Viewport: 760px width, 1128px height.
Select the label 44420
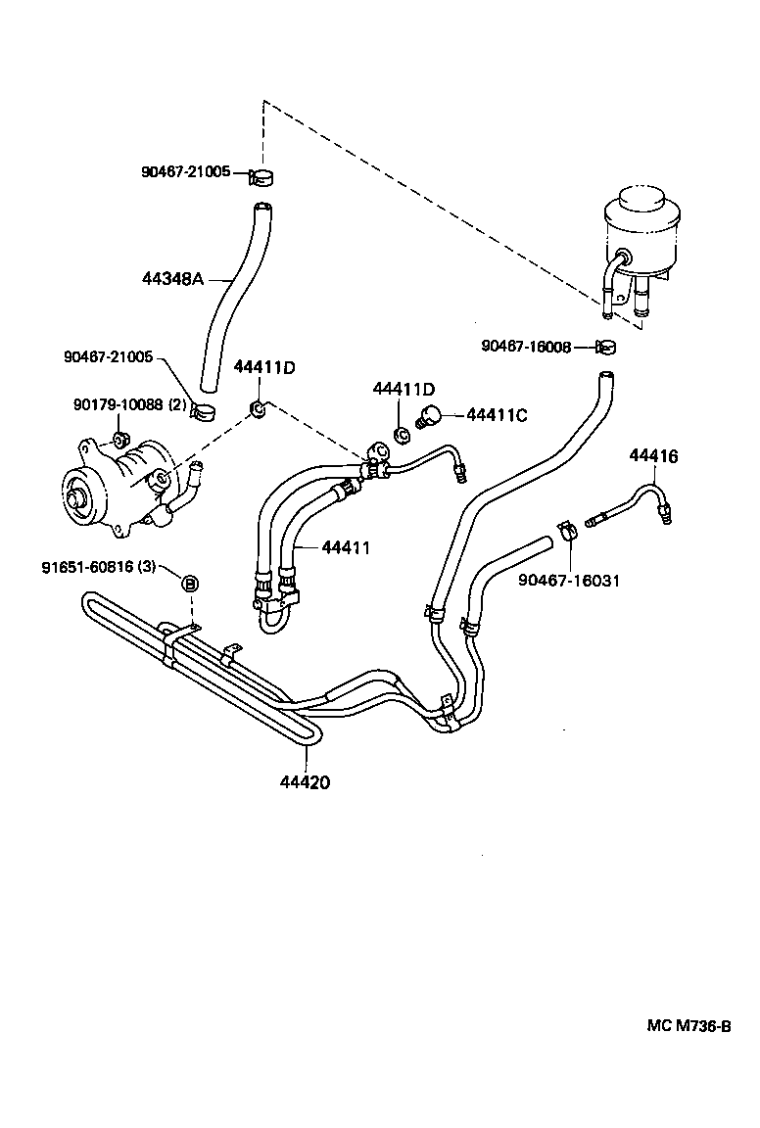305,782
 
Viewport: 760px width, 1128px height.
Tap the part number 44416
653,456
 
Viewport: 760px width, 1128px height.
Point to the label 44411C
497,415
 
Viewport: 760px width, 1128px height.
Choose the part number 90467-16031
569,581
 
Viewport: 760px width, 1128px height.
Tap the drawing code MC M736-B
689,1026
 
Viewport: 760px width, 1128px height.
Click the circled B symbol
191,584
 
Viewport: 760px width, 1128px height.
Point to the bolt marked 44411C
429,415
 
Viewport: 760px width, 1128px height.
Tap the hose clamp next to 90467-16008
605,346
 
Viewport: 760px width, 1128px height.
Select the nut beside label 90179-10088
119,437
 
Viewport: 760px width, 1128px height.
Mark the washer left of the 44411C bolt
400,432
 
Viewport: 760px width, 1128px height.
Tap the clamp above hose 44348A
261,176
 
